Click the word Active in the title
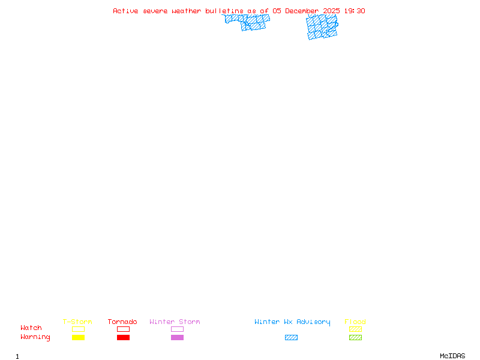[125, 11]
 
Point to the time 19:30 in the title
[355, 11]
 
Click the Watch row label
[31, 328]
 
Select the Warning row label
[35, 337]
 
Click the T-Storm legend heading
[77, 322]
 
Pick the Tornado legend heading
[122, 322]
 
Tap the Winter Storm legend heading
[175, 322]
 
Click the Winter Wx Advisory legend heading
[292, 322]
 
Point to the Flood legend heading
[355, 322]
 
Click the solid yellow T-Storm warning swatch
[78, 337]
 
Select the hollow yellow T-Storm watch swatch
[78, 329]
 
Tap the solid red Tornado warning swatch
[123, 337]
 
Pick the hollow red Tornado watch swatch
[123, 329]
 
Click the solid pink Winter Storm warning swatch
[177, 337]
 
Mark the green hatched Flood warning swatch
[355, 337]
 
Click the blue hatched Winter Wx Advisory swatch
[291, 337]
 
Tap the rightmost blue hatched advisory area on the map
[322, 27]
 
